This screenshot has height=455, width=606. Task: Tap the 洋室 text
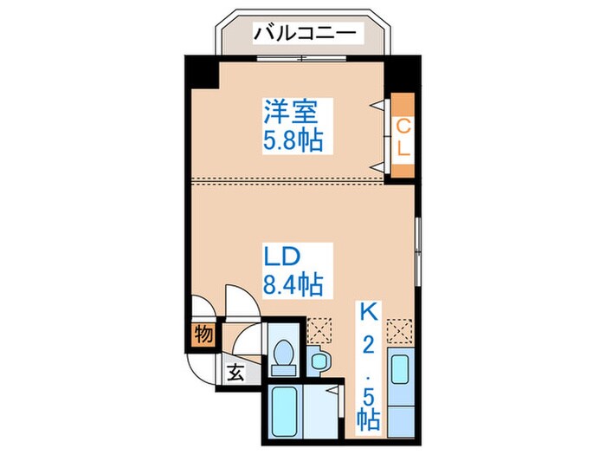[293, 112]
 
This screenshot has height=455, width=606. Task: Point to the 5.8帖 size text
[293, 140]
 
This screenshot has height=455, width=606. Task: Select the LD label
[281, 257]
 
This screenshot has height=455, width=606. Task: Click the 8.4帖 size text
[294, 283]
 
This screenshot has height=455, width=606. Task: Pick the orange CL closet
[403, 138]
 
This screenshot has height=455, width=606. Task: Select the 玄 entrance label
[235, 374]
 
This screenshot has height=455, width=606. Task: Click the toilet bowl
[283, 353]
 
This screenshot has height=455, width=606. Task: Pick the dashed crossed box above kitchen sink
[399, 329]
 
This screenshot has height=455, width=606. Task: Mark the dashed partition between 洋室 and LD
[286, 181]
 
